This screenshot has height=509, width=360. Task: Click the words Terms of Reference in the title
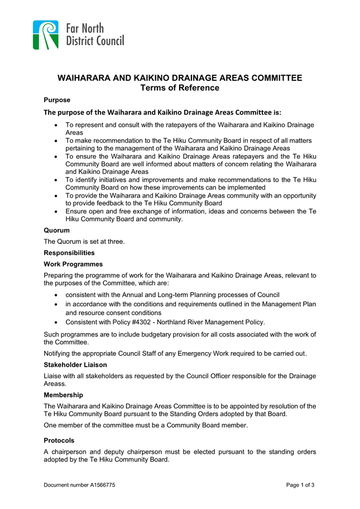click(180, 88)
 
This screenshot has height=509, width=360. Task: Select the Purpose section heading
click(57, 100)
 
